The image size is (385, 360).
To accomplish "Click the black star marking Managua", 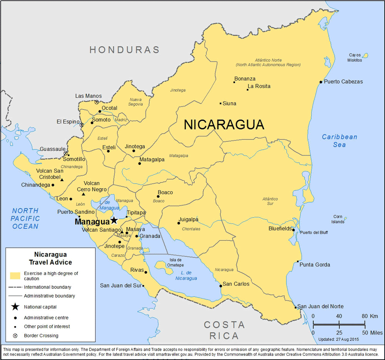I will tap(114, 220).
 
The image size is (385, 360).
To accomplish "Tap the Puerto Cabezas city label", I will tap(343, 82).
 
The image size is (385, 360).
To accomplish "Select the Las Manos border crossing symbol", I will tap(97, 102).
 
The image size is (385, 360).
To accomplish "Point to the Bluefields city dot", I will tap(293, 230).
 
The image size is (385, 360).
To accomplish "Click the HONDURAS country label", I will tap(124, 50).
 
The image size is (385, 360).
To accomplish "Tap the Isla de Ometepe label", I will tap(175, 263).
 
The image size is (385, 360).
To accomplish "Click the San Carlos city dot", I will tap(220, 286).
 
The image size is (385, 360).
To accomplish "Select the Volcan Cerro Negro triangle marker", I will tap(84, 194).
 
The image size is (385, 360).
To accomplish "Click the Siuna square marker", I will tap(221, 103).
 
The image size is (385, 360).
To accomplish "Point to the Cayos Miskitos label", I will tap(355, 58).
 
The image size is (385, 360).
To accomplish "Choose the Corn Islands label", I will tap(338, 219).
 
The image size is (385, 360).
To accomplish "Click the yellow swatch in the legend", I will tap(15, 276).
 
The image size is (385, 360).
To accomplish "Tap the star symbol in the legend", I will tap(15, 307).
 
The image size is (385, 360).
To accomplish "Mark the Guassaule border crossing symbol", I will tap(65, 153).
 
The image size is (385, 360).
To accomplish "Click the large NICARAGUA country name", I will tap(224, 125).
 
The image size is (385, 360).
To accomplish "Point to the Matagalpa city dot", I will tap(139, 163).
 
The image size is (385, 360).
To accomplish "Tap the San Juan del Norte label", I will tap(320, 307).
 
